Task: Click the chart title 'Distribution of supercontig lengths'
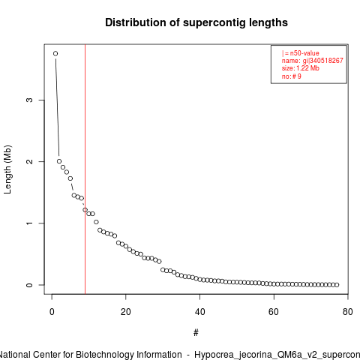point(196,22)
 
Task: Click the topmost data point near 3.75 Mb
point(55,53)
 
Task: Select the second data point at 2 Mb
point(59,161)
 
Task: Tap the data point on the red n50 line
point(85,210)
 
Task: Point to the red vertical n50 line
point(85,169)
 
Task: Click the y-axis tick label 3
point(29,100)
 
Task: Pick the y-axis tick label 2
point(29,161)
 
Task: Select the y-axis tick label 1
point(29,223)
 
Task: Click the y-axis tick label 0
point(29,285)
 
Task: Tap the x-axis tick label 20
point(126,312)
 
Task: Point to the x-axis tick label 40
point(199,312)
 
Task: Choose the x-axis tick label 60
point(274,312)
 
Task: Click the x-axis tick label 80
point(348,312)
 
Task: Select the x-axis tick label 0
point(52,312)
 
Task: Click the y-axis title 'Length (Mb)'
point(7,169)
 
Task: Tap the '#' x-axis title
point(196,333)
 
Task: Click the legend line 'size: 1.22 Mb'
point(301,68)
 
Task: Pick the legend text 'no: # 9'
point(292,76)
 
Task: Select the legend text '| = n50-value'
point(301,53)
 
